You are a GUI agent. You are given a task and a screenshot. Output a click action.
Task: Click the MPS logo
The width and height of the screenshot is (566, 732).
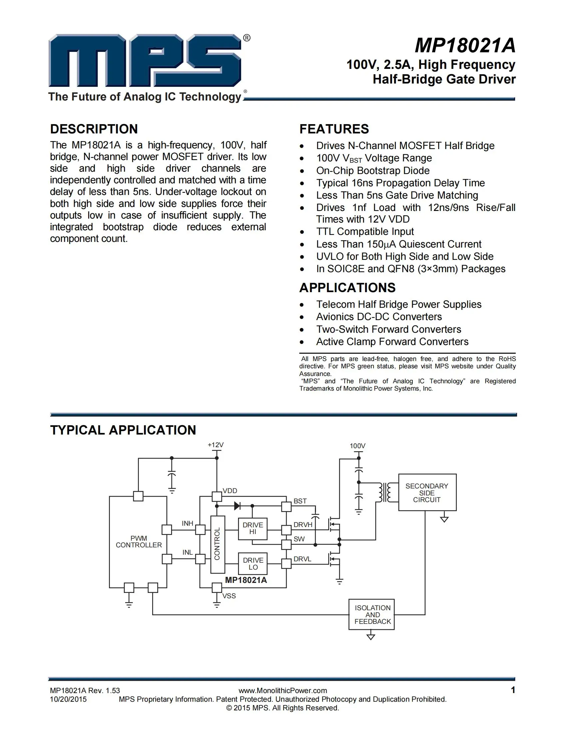pos(145,61)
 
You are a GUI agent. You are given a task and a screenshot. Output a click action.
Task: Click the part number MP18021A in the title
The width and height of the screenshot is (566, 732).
pos(465,46)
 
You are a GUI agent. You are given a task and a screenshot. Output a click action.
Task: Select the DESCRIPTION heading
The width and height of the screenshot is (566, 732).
pos(94,129)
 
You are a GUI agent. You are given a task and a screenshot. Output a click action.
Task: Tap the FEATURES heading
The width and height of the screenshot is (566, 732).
pos(334,129)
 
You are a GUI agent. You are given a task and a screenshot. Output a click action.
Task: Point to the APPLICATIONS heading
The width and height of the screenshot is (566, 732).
pos(347,288)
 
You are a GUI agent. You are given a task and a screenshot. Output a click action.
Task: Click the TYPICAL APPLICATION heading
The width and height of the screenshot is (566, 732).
pos(123,430)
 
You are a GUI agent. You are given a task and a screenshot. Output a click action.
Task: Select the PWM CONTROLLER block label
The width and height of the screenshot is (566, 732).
pos(139,542)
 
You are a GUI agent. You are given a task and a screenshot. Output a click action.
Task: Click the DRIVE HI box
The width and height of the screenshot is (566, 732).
pos(252,529)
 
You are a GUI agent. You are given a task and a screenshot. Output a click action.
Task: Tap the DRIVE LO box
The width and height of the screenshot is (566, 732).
pos(253,564)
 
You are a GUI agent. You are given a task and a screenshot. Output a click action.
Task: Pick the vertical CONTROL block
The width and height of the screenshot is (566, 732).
pos(217,544)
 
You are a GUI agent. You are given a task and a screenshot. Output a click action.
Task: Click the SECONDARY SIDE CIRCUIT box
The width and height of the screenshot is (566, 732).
pos(427,493)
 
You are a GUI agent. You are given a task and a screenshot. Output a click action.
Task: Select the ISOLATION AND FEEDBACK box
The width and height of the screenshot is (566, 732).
pos(372,615)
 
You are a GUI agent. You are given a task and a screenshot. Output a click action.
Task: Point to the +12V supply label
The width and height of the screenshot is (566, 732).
pos(215,445)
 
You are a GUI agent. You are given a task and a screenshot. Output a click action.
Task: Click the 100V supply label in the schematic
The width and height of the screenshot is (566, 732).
pos(358,446)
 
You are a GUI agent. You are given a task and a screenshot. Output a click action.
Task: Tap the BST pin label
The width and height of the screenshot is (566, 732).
pos(300,501)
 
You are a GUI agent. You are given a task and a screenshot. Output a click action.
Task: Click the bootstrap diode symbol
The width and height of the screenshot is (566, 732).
pos(237,506)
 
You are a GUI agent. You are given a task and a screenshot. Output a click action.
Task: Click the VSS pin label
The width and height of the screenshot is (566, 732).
pos(229,596)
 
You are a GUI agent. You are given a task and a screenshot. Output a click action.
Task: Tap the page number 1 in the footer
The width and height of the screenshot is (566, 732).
pos(513,690)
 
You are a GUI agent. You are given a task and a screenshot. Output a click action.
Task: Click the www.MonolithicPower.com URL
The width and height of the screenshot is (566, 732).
pos(283,690)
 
